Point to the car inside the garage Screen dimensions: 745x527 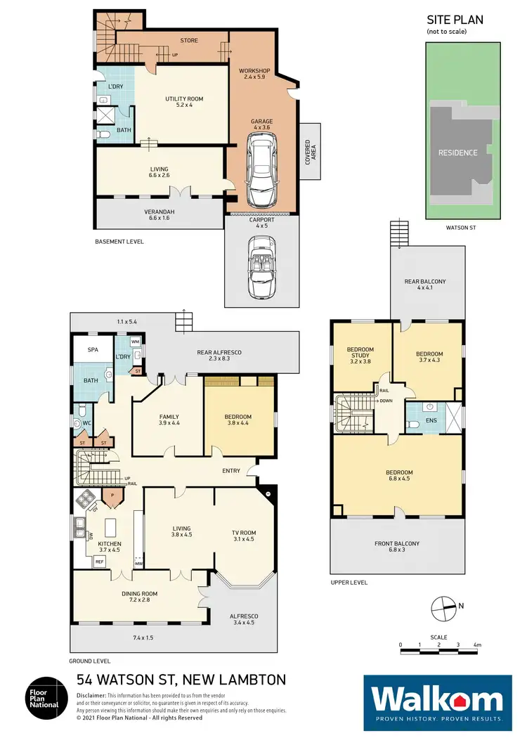(x=261, y=165)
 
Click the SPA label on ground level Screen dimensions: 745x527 (x=91, y=349)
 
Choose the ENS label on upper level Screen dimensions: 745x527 (x=431, y=420)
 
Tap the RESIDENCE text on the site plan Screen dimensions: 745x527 (x=458, y=153)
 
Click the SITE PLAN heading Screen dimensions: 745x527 (x=455, y=21)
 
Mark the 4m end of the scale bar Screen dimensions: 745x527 (x=476, y=644)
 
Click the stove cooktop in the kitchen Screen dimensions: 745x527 (x=87, y=500)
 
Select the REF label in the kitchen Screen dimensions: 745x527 (x=99, y=562)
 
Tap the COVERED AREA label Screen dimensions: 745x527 (x=309, y=152)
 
